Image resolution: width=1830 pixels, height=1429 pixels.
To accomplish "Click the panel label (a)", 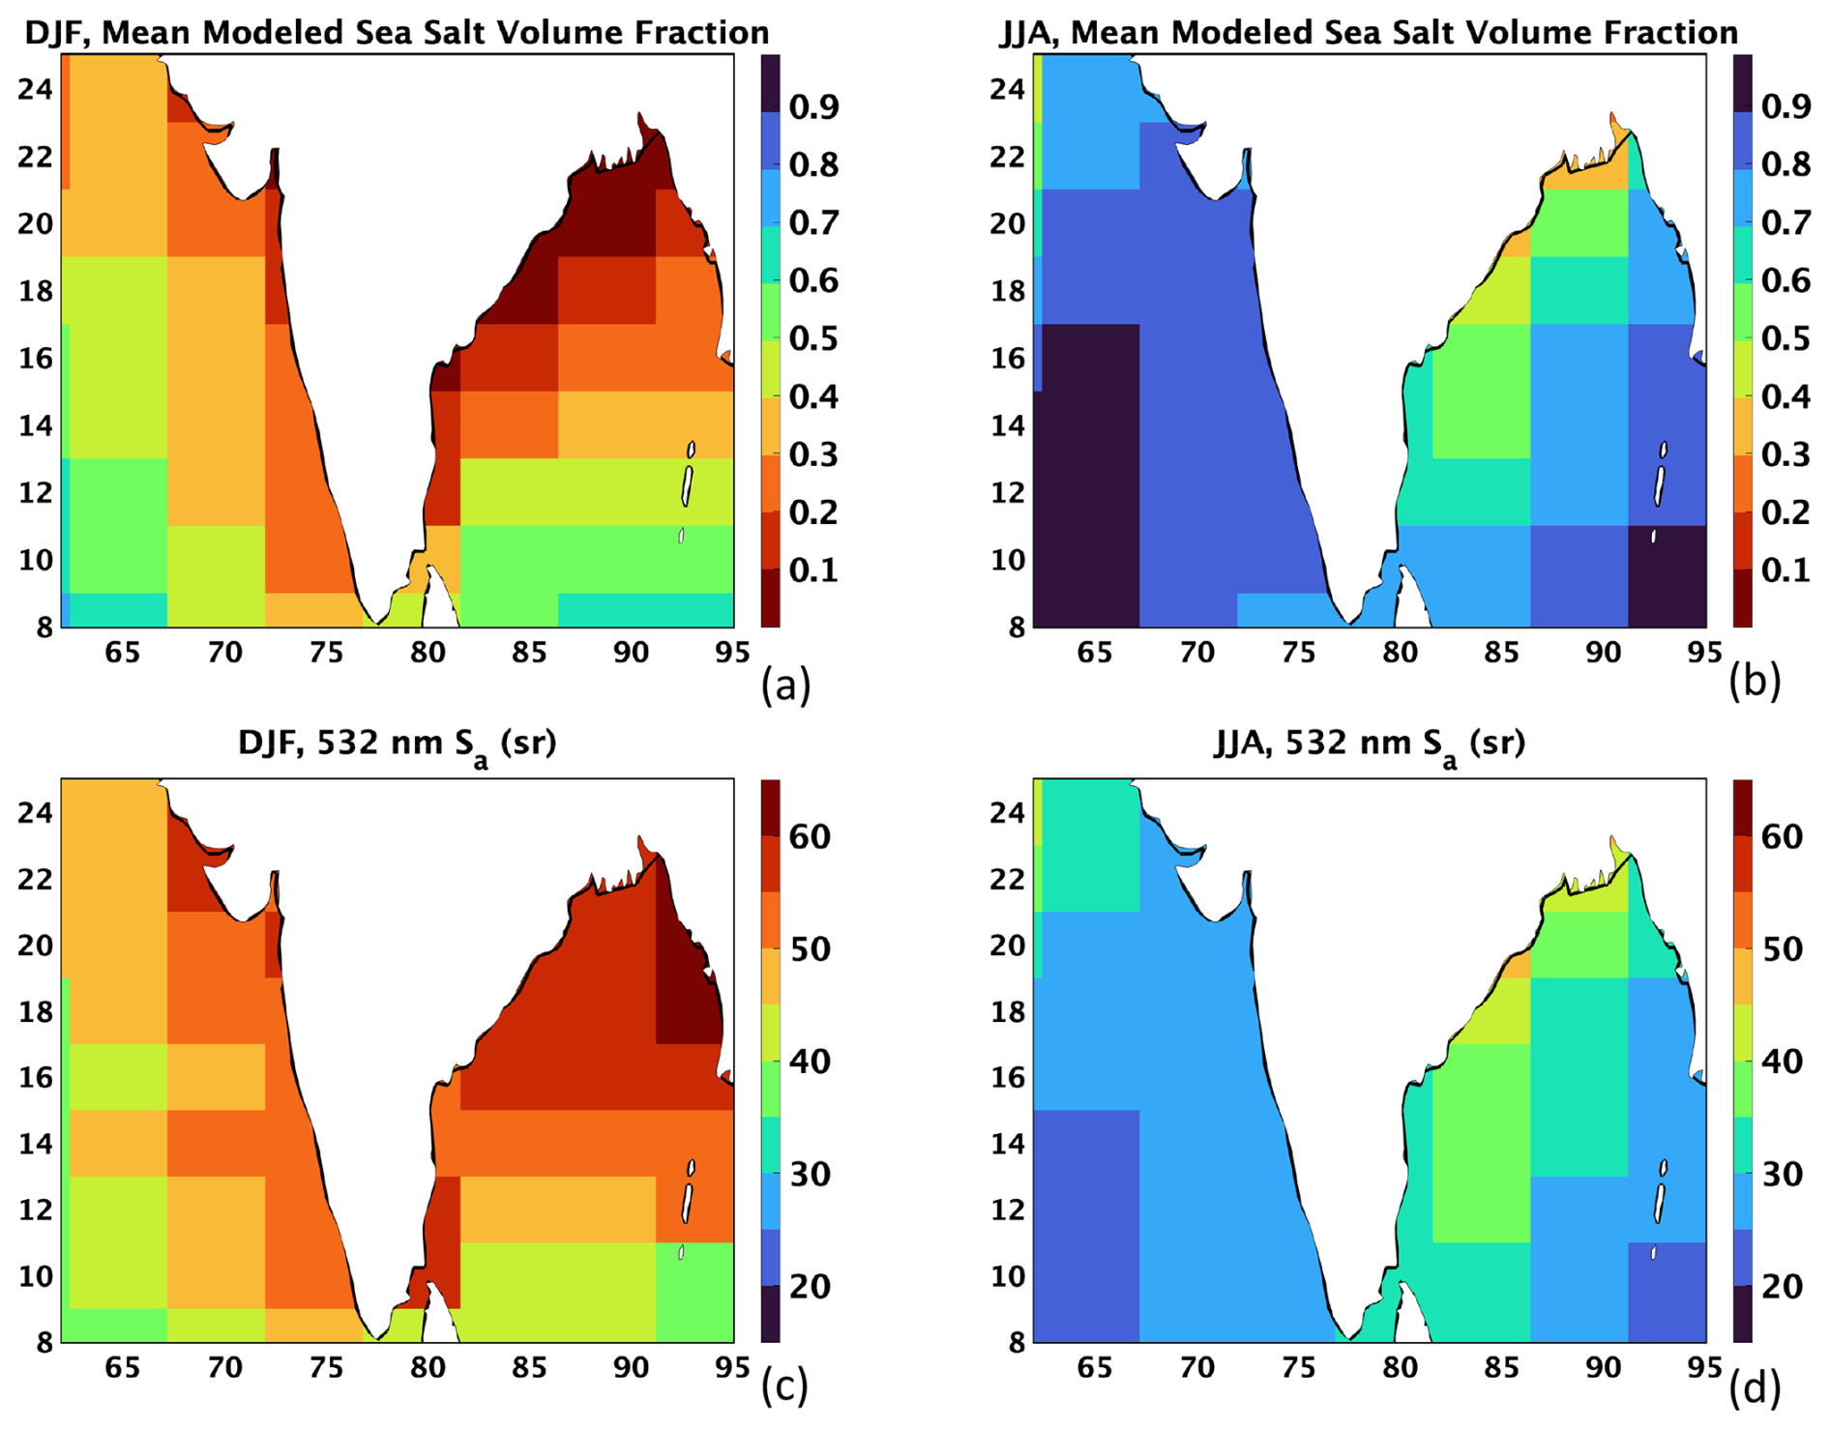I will click(784, 685).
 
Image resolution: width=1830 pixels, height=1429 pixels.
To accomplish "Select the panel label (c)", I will click(784, 1386).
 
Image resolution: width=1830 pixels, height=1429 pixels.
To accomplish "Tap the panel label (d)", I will click(1755, 1386).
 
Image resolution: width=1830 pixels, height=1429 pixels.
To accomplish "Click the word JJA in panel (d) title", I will click(1246, 743).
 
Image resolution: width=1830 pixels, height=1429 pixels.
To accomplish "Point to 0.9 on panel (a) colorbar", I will click(813, 106).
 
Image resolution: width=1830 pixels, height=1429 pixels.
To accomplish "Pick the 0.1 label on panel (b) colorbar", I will click(1786, 569).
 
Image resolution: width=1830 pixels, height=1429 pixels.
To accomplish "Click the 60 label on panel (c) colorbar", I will click(809, 837).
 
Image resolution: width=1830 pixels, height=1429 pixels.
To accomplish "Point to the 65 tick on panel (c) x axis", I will click(122, 1367).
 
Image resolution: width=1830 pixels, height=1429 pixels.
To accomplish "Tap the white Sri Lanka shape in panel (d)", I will click(1412, 1313).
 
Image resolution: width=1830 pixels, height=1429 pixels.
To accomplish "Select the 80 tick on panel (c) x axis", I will click(427, 1367).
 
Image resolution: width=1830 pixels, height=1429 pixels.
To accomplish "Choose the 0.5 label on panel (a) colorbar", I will click(813, 338).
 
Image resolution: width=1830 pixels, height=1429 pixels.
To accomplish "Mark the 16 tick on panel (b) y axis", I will click(1008, 359).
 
